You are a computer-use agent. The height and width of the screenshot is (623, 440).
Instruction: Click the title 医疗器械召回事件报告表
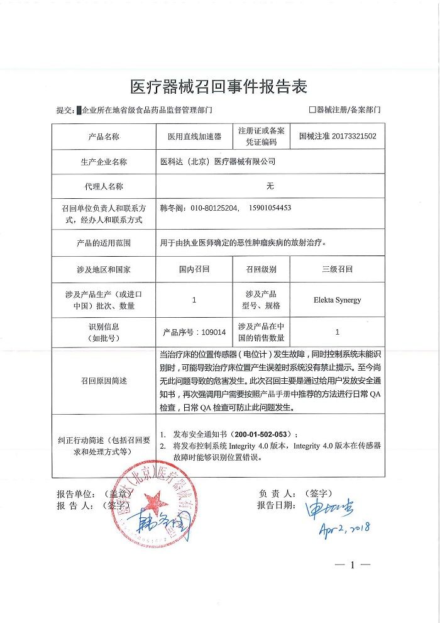(x=219, y=86)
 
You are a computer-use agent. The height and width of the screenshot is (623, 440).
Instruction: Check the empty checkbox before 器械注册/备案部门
(x=312, y=109)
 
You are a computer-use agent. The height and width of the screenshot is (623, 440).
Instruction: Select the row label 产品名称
(x=104, y=136)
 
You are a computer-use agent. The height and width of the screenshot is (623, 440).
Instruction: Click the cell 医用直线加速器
(x=194, y=136)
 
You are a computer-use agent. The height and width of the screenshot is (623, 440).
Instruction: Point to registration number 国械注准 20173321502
(x=338, y=136)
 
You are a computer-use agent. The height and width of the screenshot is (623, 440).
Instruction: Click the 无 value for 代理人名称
(x=270, y=186)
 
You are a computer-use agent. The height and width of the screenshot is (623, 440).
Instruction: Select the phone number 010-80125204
(x=209, y=208)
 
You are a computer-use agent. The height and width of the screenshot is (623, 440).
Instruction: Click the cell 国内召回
(x=194, y=269)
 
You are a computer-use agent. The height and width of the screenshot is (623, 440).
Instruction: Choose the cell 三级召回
(x=338, y=269)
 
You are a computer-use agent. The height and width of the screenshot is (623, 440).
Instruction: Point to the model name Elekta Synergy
(x=338, y=300)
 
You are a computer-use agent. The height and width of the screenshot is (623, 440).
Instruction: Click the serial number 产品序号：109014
(x=194, y=332)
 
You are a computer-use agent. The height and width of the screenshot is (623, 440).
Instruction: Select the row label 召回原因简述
(x=104, y=381)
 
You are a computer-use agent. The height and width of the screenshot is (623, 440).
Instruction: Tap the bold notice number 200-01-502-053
(x=264, y=435)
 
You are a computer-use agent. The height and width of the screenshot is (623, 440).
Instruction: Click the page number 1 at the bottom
(x=353, y=565)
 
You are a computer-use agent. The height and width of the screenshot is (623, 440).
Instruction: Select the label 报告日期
(x=275, y=505)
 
